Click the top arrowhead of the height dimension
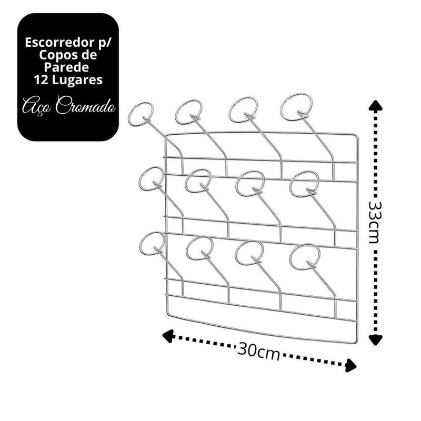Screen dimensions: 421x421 coord(374,105)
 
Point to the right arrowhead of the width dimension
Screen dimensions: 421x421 coord(352,366)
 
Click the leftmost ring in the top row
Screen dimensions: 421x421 coord(141,114)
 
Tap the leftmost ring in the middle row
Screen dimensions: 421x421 coord(151,179)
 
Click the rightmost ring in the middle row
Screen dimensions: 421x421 coord(304,184)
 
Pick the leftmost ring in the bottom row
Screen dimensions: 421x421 coord(152,244)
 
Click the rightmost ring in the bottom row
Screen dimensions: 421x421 coord(305,256)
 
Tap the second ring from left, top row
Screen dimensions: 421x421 coord(188,111)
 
